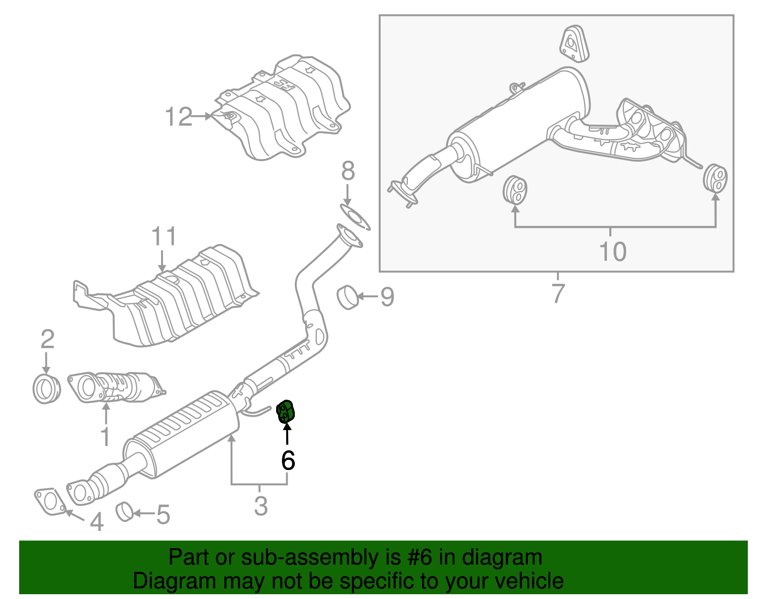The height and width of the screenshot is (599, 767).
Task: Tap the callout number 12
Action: tap(178, 117)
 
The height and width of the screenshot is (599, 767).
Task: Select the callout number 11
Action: tap(163, 237)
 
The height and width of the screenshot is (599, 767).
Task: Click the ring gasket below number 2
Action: tap(47, 389)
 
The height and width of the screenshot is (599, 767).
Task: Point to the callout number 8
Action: tap(348, 171)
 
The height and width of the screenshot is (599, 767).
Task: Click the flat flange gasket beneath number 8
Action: tap(355, 217)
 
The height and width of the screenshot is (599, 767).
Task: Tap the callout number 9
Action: tap(387, 297)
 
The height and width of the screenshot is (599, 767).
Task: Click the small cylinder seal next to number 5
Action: tap(125, 511)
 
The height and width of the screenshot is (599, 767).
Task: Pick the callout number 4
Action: tap(97, 522)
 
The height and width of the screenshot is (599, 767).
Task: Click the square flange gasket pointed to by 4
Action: tap(49, 501)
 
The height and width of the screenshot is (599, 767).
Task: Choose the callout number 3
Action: tap(260, 506)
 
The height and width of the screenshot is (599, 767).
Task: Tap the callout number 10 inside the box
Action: tap(613, 251)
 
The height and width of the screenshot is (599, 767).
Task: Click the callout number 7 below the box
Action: tap(558, 293)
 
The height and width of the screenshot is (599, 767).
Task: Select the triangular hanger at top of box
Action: tap(573, 43)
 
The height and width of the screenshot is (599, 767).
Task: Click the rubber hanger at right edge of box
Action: tap(715, 178)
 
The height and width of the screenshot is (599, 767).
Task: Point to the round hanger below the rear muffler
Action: tap(515, 190)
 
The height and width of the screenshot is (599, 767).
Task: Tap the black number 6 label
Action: tap(288, 460)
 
